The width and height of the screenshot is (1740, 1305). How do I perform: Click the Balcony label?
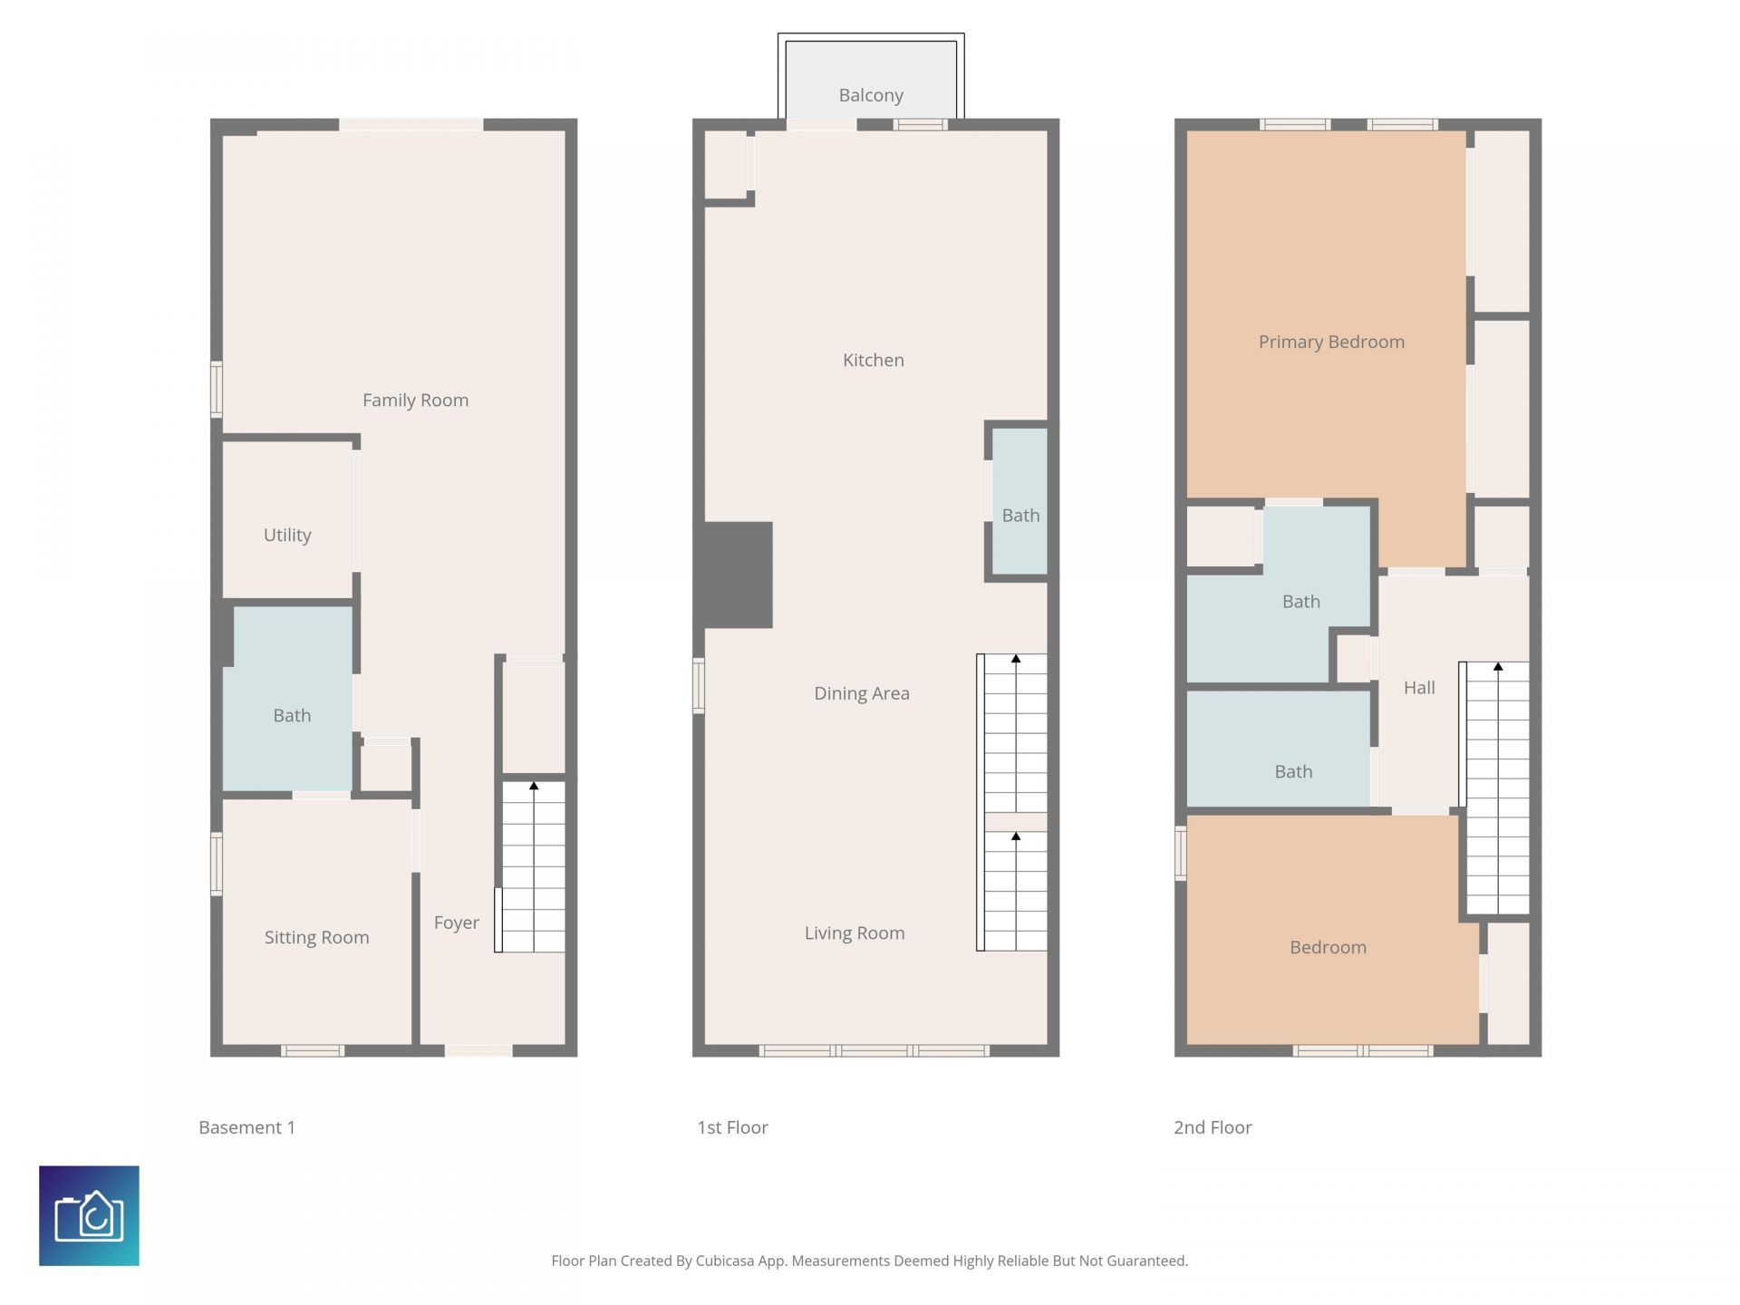[870, 95]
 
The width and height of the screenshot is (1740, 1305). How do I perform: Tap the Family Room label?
[415, 400]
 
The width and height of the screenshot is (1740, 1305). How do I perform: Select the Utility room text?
[287, 535]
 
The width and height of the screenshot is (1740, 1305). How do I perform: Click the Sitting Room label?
[316, 937]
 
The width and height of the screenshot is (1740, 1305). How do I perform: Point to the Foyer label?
[456, 923]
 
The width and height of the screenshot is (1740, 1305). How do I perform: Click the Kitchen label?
[873, 360]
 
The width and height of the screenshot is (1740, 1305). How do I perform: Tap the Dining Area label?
[861, 693]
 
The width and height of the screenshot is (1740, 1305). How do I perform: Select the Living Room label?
[854, 933]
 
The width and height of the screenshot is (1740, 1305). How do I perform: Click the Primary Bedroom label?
[1330, 342]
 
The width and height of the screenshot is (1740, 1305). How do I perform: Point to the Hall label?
[1418, 688]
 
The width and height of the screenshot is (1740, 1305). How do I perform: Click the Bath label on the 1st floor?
[1020, 516]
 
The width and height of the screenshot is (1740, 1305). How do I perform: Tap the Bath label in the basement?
[292, 716]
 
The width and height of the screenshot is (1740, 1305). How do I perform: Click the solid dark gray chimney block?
[734, 575]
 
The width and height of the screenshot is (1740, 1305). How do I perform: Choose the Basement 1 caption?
[246, 1127]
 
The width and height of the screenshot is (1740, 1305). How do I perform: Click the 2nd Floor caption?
[1212, 1127]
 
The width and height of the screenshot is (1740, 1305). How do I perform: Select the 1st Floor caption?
[731, 1127]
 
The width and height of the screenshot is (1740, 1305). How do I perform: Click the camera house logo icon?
[89, 1215]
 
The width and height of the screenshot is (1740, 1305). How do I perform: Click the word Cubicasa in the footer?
[724, 1261]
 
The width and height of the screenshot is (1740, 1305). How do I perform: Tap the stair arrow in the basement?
[534, 786]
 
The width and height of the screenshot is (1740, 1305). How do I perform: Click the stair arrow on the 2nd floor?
[1498, 667]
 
